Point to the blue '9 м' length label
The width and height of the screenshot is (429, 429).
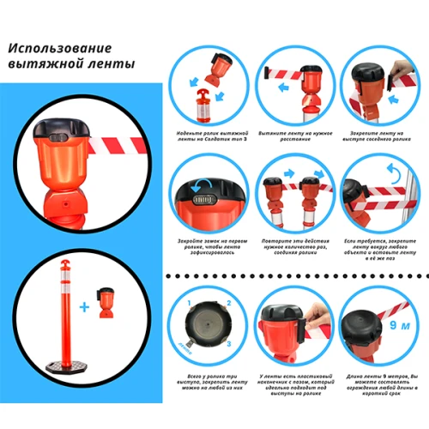tap(400, 326)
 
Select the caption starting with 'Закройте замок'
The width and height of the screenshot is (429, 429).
tap(205, 248)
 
